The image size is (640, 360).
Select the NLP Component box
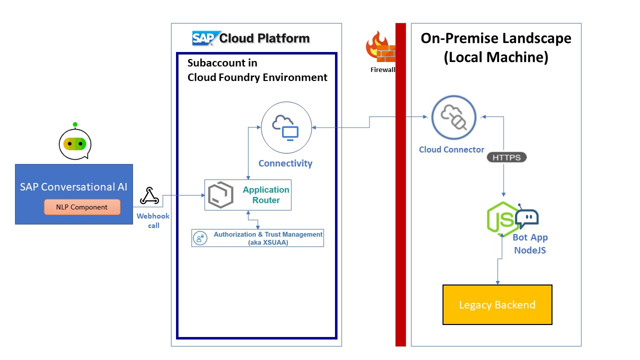(x=82, y=207)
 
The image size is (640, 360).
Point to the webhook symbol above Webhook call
(x=149, y=196)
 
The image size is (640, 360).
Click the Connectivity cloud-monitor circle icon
(x=286, y=128)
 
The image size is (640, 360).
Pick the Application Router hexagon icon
(x=220, y=195)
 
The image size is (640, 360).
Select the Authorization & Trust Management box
(x=258, y=237)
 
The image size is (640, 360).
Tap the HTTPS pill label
(x=506, y=157)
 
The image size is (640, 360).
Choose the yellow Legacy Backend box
(x=497, y=304)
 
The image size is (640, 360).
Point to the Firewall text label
(x=382, y=70)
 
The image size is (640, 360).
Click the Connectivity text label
(x=285, y=163)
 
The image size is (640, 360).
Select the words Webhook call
(x=153, y=220)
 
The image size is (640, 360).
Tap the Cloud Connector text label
(x=451, y=149)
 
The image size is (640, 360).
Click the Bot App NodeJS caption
(x=530, y=243)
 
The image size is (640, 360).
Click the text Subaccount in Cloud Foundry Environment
(x=257, y=70)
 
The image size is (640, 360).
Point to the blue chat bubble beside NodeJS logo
(x=526, y=217)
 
